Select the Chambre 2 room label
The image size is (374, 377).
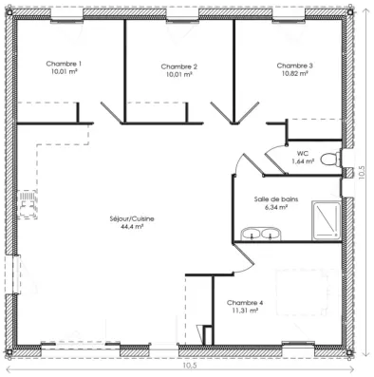click(x=178, y=66)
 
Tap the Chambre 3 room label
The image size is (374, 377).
click(x=294, y=66)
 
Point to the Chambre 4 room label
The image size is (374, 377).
click(x=245, y=302)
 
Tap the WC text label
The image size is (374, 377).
click(x=303, y=153)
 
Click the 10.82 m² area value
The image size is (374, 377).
click(x=294, y=74)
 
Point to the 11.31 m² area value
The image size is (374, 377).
click(x=245, y=311)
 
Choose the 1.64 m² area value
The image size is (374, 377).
click(x=303, y=161)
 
